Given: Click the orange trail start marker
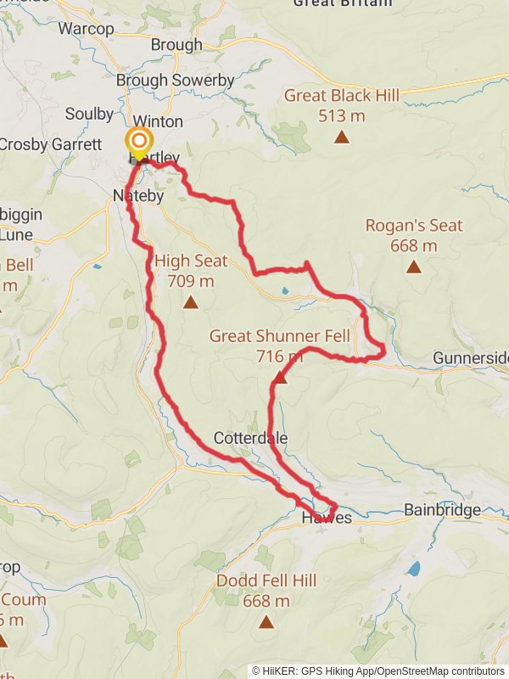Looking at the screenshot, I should [x=138, y=142].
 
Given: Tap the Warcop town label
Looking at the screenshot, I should [x=86, y=29].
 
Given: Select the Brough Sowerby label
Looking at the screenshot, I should [x=175, y=80].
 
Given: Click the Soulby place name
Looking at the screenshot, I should [x=89, y=114].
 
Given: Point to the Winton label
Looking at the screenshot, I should [x=158, y=121].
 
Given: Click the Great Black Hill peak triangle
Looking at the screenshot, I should [x=342, y=137].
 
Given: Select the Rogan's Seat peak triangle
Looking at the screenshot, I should [x=413, y=267].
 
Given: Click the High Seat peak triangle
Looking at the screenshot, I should [x=191, y=301].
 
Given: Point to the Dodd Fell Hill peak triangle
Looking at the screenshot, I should [x=266, y=622].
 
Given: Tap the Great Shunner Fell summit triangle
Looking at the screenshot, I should [x=280, y=377].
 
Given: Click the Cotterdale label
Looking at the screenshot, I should [x=250, y=438].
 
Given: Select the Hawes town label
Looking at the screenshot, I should [x=327, y=517].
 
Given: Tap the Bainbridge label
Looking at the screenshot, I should [x=442, y=510].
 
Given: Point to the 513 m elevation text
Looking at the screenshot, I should [x=342, y=115].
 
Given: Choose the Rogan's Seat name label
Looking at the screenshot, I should [x=414, y=226].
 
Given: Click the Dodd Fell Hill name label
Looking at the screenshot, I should [x=266, y=581].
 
